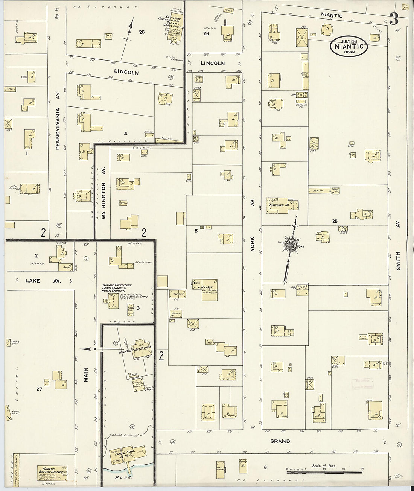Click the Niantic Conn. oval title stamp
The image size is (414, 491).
click(349, 46)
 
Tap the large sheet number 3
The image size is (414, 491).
click(393, 19)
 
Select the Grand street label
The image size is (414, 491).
click(281, 441)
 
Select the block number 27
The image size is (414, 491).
click(39, 389)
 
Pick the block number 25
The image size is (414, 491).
click(335, 221)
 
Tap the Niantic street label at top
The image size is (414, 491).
click(332, 15)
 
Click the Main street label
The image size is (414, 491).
click(86, 374)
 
